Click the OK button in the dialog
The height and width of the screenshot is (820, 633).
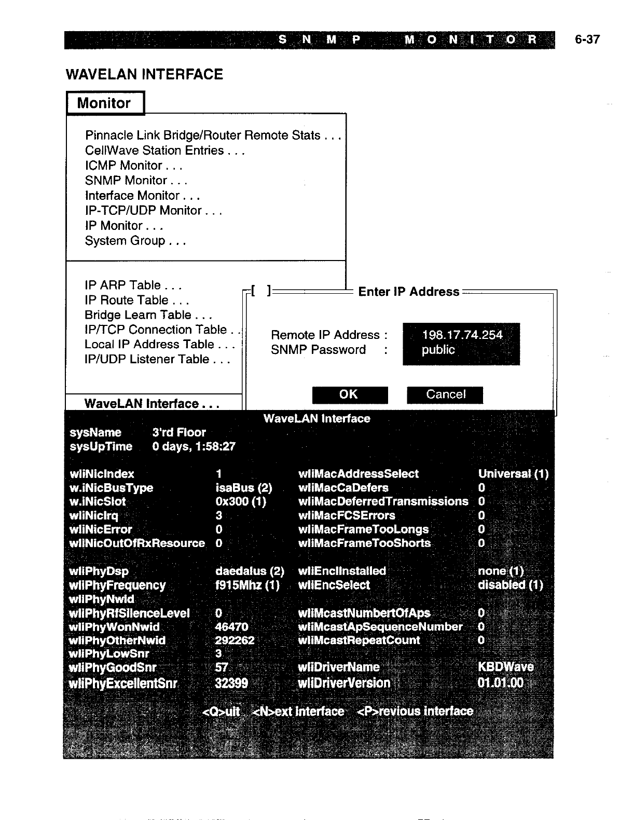point(350,394)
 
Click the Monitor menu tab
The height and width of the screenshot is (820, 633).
point(104,103)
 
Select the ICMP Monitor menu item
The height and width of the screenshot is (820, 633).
point(133,166)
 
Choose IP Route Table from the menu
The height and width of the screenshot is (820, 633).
point(136,300)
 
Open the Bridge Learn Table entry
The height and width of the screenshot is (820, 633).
point(148,315)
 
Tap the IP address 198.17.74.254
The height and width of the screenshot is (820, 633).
point(462,335)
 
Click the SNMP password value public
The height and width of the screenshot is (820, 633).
point(438,350)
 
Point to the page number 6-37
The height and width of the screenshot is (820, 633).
point(587,39)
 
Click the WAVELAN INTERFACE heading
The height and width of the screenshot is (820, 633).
point(144,75)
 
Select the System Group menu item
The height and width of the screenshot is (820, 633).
point(135,241)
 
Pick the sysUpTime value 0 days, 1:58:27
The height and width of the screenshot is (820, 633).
point(194,446)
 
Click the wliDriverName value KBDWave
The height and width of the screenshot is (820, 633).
point(505,667)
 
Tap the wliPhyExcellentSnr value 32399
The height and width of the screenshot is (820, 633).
point(231,683)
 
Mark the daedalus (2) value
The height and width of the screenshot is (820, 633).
point(250,571)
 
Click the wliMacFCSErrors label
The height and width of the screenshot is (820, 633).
point(347,515)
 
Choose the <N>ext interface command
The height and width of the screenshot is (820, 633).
point(298,711)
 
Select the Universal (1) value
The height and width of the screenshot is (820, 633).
point(513,474)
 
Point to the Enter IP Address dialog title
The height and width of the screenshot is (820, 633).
point(408,292)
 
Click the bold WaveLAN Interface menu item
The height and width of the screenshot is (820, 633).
point(151,404)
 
